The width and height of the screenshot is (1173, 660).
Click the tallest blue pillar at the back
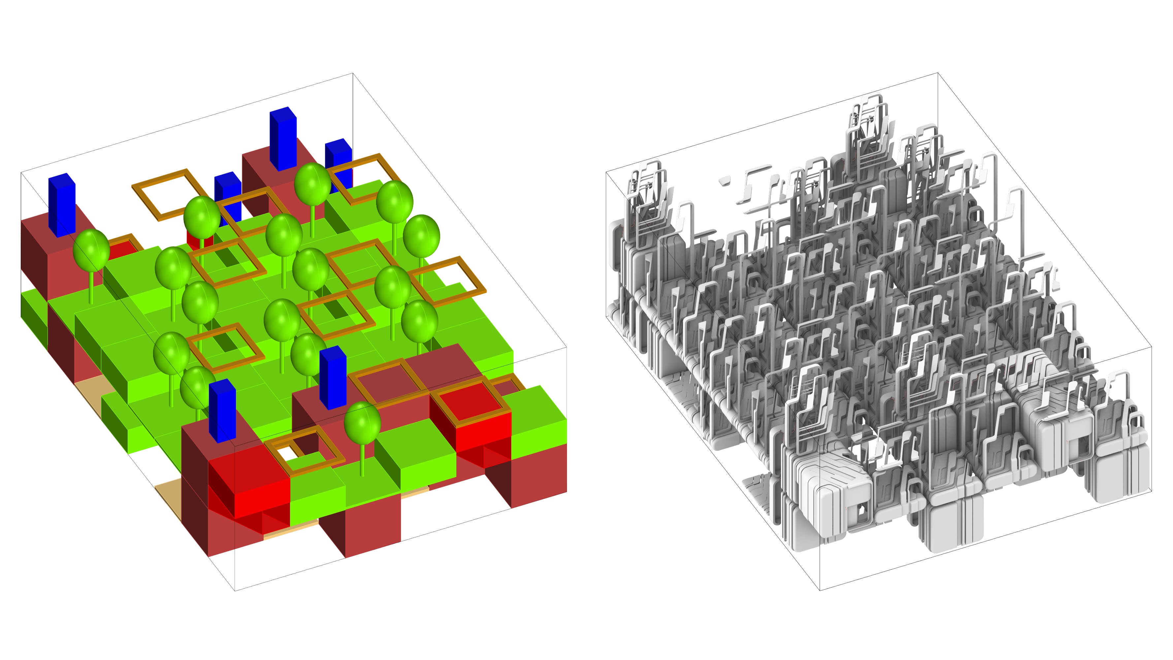(x=282, y=139)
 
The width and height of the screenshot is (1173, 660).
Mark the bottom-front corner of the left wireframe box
(x=235, y=591)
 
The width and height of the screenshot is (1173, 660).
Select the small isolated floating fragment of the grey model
(x=724, y=182)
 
